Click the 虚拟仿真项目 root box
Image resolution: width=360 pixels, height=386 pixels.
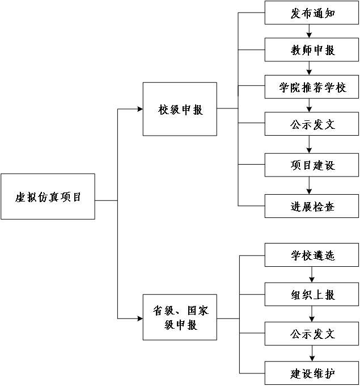48,196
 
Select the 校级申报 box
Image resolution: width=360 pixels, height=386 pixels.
180,109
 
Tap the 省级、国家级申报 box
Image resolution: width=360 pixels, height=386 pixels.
180,318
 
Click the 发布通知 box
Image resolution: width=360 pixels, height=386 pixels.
312,13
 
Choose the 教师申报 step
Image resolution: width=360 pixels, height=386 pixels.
312,50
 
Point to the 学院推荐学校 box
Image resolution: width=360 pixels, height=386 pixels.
312,87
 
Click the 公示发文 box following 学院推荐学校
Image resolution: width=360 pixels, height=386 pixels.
312,124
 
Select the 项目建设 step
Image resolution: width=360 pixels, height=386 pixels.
312,165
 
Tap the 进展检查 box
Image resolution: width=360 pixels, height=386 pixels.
312,206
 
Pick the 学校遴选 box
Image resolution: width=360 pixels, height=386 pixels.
312,255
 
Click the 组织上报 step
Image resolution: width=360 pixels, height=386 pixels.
312,295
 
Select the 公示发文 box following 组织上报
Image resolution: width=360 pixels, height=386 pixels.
312,334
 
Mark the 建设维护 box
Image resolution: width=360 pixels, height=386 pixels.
312,373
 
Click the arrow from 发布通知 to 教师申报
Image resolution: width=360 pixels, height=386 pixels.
309,31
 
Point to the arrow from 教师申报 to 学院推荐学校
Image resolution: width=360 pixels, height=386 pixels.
309,69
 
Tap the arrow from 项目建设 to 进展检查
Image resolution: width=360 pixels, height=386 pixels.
309,186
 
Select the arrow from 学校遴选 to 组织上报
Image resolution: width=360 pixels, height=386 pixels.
312,275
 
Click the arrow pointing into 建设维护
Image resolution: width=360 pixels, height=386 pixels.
312,354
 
